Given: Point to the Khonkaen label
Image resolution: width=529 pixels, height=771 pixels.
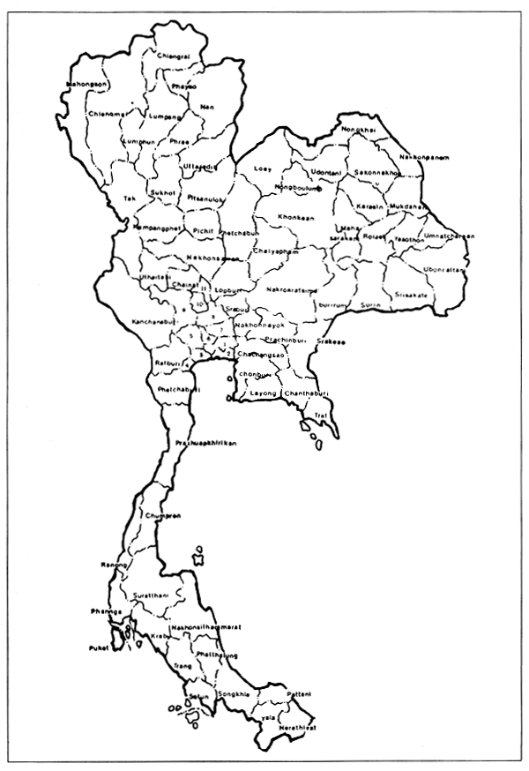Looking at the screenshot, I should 294,216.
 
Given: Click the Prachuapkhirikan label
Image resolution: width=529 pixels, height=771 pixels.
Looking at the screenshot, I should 205,442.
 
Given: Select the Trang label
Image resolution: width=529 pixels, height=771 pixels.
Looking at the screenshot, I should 183,665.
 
